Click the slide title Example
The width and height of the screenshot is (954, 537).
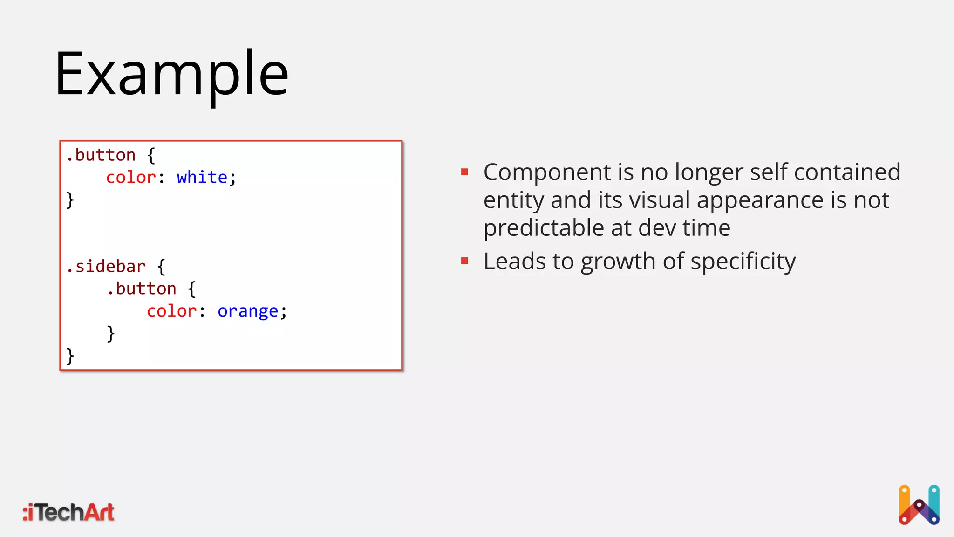tap(171, 75)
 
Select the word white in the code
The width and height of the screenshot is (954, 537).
tap(202, 178)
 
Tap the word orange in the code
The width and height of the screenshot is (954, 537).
tap(247, 311)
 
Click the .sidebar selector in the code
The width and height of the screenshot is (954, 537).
tap(106, 267)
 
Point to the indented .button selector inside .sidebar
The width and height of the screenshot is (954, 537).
tap(142, 289)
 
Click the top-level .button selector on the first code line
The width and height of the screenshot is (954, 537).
tap(101, 155)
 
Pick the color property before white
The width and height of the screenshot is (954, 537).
tap(131, 178)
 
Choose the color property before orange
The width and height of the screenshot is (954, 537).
tap(171, 311)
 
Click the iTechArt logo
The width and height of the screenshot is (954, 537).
tap(68, 512)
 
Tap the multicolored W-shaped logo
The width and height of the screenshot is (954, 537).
tap(919, 505)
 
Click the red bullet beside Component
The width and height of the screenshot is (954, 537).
tap(464, 172)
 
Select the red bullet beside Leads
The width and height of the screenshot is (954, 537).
tap(464, 261)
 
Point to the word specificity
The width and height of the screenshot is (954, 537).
tap(743, 262)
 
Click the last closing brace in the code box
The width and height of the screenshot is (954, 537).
tap(70, 356)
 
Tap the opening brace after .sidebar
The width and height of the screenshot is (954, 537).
tap(161, 267)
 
